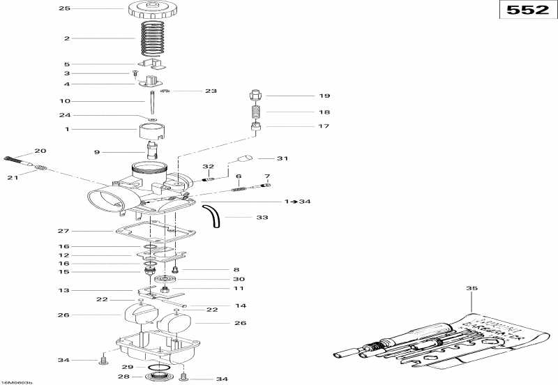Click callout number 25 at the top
[65, 8]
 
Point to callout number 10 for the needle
[65, 100]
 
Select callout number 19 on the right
[305, 96]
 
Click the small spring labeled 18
[256, 112]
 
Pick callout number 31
[282, 158]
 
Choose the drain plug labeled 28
[158, 377]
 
